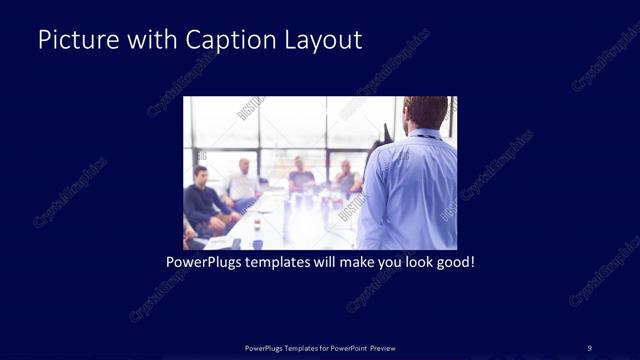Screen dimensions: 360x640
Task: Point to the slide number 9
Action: [589, 347]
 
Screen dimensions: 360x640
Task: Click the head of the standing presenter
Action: [427, 112]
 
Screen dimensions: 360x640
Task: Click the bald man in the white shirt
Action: [243, 181]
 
